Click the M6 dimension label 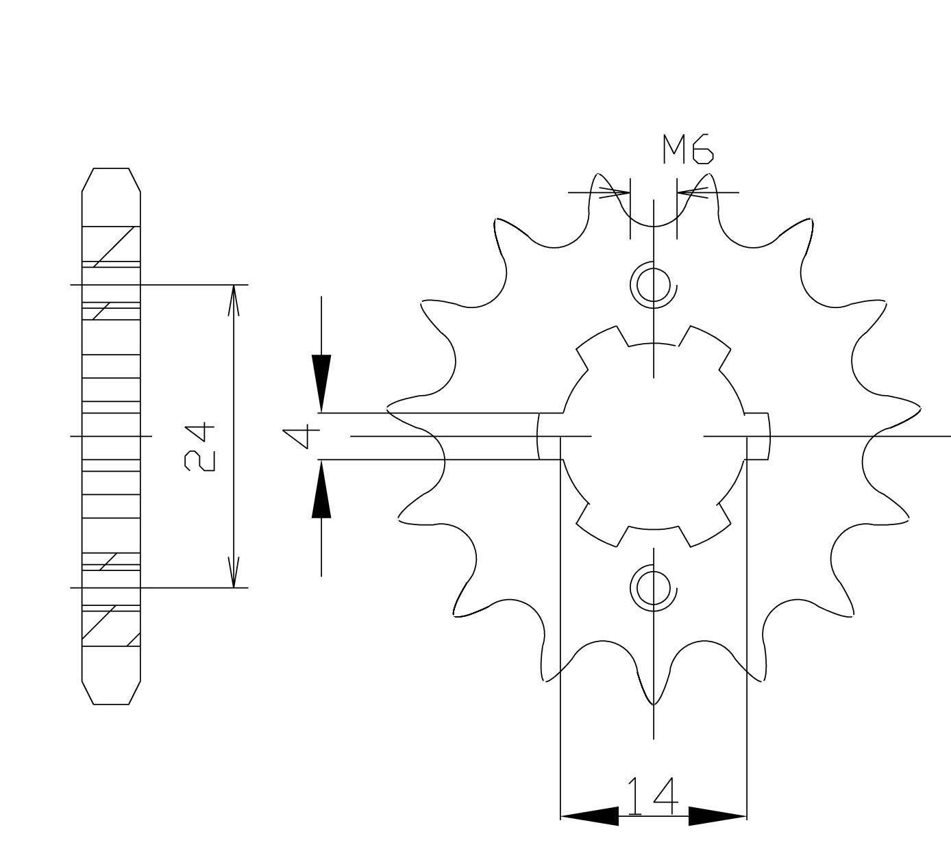point(687,150)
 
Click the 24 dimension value point(199,448)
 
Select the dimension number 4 point(302,436)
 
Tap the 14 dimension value point(653,796)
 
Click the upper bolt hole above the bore point(653,283)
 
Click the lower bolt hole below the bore point(653,587)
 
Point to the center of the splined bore point(653,435)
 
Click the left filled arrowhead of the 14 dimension point(589,816)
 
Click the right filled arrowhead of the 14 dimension point(717,816)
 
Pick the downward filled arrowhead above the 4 point(321,383)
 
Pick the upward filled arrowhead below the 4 point(321,490)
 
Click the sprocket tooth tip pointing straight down point(654,701)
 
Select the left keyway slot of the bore point(549,436)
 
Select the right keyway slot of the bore point(757,436)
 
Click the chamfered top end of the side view point(111,180)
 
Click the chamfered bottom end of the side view point(111,692)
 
